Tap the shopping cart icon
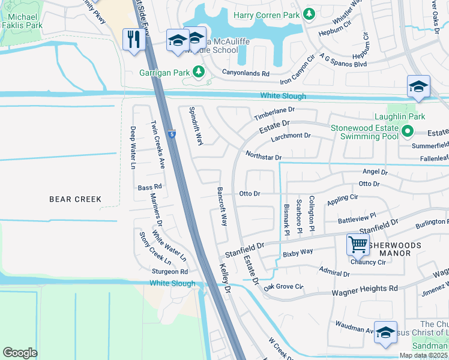358,244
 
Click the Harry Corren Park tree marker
309,13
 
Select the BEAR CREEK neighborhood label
75,199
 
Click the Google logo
20,353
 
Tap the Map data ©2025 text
423,355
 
